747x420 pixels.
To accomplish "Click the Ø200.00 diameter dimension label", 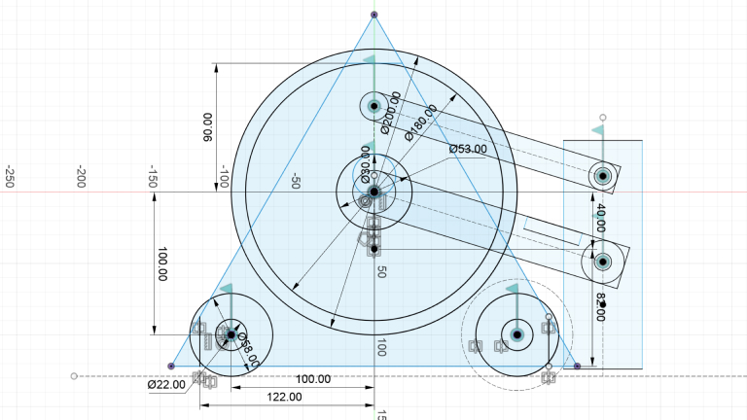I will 391,113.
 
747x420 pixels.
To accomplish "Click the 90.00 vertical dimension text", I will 206,127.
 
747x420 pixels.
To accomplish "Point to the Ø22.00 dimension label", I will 166,385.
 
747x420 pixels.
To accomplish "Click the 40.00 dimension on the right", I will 600,217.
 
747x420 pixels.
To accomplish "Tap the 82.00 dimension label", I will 600,303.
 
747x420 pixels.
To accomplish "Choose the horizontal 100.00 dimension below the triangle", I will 312,379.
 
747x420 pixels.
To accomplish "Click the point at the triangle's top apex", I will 375,14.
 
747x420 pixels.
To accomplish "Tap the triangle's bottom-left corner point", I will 171,366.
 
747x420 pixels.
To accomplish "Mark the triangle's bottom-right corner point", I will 577,366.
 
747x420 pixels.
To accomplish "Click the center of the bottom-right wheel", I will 516,333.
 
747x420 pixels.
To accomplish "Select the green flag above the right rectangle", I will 599,129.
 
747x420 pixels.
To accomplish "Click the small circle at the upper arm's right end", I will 602,176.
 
